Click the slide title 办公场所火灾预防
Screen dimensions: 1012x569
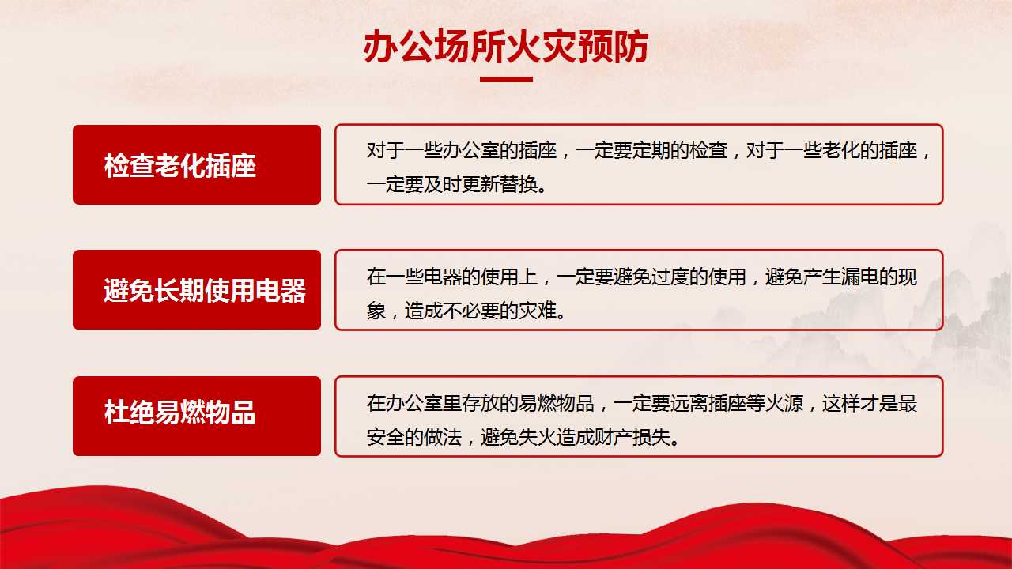click(506, 47)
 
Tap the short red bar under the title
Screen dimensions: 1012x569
click(506, 80)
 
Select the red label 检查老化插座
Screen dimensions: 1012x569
click(197, 165)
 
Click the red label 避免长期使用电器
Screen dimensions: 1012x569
click(197, 289)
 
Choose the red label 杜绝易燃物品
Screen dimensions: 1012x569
click(197, 416)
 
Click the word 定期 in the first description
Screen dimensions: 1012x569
click(651, 150)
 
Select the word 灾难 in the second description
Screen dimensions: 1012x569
click(538, 311)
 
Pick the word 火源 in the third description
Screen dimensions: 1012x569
click(784, 403)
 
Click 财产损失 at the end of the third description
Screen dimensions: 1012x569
click(632, 437)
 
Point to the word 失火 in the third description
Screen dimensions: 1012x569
click(538, 437)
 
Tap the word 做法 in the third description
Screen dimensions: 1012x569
click(443, 437)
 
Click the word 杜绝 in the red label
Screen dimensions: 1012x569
click(129, 412)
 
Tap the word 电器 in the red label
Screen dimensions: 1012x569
click(281, 290)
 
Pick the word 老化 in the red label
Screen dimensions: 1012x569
click(179, 165)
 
